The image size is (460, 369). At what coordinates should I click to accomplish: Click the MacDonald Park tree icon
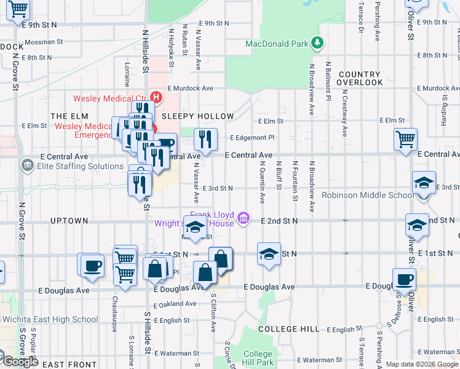click(317, 43)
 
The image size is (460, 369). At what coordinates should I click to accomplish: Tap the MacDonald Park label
click(276, 44)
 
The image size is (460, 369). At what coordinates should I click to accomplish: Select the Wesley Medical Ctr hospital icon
click(157, 97)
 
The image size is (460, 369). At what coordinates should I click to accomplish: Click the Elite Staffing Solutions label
click(71, 166)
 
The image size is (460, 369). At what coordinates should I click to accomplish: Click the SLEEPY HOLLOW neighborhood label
click(197, 116)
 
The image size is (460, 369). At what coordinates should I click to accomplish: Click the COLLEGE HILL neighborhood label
click(289, 329)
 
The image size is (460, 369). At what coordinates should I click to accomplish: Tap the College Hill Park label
click(258, 358)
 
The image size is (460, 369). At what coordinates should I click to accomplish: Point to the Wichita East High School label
click(50, 319)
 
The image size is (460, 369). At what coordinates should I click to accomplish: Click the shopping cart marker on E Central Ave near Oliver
click(406, 140)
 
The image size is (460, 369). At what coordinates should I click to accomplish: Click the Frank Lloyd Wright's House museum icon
click(244, 217)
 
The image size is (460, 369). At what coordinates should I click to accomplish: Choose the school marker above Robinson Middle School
click(424, 183)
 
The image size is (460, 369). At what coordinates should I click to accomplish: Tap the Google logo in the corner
click(21, 362)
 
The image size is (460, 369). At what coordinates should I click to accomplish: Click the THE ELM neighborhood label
click(66, 116)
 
